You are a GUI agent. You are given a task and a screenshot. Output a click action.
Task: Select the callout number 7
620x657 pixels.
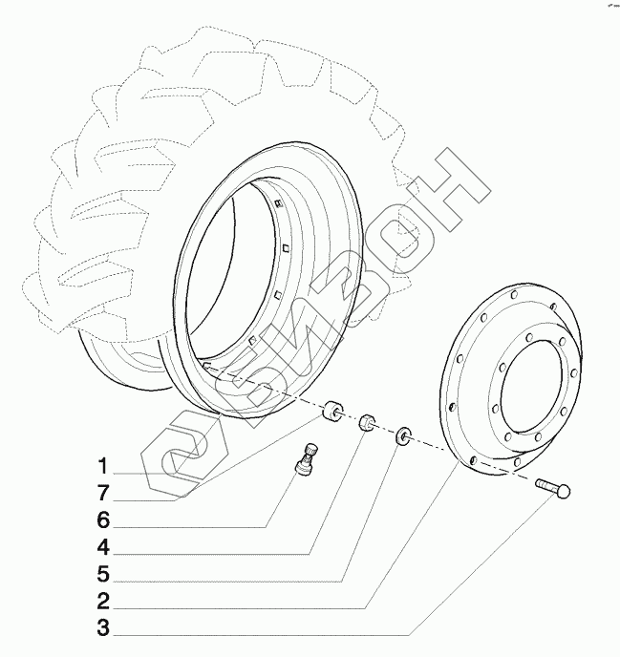[x=100, y=494]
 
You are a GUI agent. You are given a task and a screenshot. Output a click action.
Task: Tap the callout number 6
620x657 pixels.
[x=100, y=520]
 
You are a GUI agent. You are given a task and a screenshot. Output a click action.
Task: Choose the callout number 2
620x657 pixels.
[x=100, y=603]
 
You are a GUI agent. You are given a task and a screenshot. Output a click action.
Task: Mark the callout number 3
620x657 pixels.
[x=100, y=629]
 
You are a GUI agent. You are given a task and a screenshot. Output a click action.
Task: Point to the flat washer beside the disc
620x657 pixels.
[x=404, y=436]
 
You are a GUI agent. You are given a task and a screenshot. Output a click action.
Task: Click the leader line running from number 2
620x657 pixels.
[x=267, y=603]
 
